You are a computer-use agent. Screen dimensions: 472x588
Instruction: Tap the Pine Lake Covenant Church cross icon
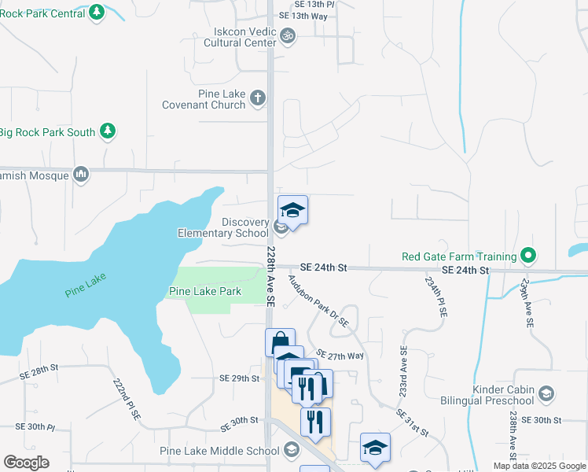click(257, 98)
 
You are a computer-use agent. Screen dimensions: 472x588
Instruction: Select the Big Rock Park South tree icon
click(108, 131)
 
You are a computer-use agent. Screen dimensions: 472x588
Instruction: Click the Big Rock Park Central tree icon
click(96, 12)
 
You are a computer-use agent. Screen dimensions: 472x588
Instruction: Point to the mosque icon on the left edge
click(80, 174)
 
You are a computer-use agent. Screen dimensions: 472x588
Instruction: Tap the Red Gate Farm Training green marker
click(529, 256)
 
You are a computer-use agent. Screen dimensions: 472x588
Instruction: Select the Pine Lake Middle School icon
click(292, 450)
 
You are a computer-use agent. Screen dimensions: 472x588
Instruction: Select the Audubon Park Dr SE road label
click(317, 301)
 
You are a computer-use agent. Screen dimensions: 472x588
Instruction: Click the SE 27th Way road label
click(340, 356)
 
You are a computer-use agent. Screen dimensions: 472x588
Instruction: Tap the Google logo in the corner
click(26, 463)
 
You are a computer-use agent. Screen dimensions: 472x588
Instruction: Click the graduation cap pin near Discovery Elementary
click(292, 210)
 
